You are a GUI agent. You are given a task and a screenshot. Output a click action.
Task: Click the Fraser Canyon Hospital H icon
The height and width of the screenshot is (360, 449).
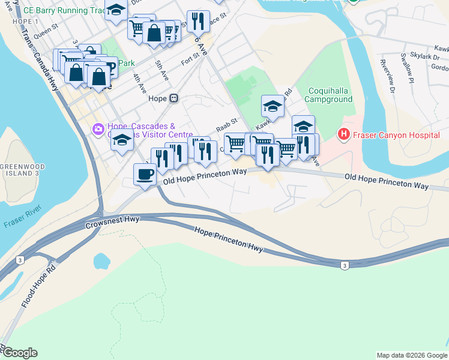pyautogui.click(x=344, y=133)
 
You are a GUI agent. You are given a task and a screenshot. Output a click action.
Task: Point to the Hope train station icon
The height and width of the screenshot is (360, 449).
pyautogui.click(x=173, y=98)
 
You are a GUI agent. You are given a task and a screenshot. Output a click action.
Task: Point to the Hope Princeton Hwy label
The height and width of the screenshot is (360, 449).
pyautogui.click(x=229, y=239)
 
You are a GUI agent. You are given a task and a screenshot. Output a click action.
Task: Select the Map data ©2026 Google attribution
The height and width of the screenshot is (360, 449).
pyautogui.click(x=411, y=355)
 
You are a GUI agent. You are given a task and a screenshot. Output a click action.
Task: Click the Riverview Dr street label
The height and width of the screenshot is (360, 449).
pyautogui.click(x=385, y=76)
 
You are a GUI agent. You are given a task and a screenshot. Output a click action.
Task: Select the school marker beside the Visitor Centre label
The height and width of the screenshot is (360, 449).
pyautogui.click(x=122, y=140)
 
